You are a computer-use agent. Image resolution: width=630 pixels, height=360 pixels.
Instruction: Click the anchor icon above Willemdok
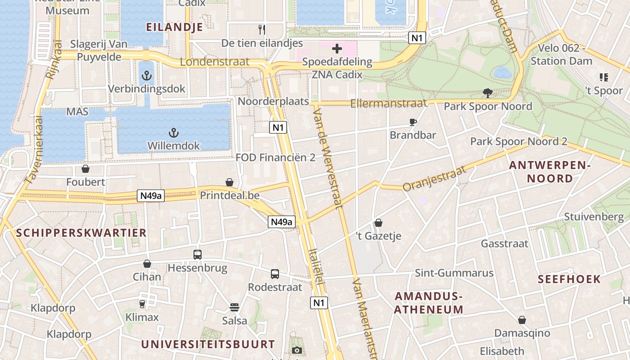pos(173,133)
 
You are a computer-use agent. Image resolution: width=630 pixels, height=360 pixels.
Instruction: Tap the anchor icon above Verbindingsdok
pos(146,76)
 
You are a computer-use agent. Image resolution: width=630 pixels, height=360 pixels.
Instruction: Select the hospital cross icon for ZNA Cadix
pos(337,48)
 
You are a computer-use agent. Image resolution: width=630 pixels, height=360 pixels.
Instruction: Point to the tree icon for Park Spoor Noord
pos(487,93)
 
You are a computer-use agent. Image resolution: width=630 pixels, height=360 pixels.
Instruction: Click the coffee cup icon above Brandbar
pos(413,122)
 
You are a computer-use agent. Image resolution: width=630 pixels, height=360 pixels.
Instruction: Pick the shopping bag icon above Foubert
pos(85,169)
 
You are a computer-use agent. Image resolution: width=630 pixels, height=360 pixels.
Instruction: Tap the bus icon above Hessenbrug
pos(198,254)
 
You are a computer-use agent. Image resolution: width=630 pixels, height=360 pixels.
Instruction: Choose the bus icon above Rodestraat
pos(275,274)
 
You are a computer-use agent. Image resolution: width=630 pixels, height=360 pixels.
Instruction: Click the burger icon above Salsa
pos(234,307)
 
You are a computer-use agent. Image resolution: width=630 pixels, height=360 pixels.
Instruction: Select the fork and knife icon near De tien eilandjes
pos(262,30)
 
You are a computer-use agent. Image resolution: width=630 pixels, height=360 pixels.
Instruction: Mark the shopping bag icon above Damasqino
pos(522,320)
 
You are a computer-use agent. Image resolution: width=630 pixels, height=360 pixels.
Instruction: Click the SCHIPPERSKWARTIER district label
pos(81,233)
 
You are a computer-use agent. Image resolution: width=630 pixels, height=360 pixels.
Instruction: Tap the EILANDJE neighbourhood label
pos(175,27)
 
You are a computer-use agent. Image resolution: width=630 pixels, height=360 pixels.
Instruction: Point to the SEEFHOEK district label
pos(569,279)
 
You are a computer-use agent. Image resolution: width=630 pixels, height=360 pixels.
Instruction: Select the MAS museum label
pos(77,111)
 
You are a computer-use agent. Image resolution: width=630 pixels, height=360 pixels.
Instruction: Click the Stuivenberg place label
pos(594,217)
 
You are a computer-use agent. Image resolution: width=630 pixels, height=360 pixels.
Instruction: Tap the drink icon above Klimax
pos(142,304)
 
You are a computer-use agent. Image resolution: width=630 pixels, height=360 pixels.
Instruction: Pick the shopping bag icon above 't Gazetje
pos(378,223)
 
